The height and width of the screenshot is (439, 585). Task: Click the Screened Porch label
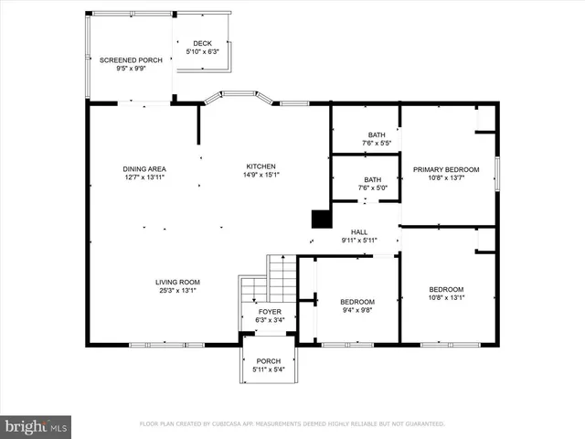click(x=131, y=59)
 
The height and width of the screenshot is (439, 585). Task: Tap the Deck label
click(x=203, y=43)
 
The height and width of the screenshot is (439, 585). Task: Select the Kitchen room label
click(x=261, y=166)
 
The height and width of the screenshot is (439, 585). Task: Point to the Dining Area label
click(x=144, y=168)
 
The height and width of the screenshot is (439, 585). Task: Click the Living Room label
click(x=177, y=282)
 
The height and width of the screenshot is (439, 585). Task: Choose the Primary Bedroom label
click(x=446, y=169)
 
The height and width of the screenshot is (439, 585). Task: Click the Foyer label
click(x=269, y=312)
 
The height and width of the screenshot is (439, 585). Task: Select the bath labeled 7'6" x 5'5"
click(x=376, y=134)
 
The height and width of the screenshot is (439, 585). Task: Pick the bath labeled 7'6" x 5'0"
click(x=372, y=179)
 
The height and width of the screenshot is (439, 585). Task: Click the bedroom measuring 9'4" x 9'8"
click(x=356, y=302)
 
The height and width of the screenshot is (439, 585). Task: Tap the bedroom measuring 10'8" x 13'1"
click(x=446, y=289)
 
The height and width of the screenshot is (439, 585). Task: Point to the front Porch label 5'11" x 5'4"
click(x=268, y=361)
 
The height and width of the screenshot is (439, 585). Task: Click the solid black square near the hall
click(x=321, y=219)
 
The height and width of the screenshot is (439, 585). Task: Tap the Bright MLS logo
click(x=37, y=425)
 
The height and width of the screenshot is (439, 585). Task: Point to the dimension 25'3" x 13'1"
click(x=177, y=290)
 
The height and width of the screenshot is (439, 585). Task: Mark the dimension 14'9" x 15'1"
click(x=261, y=175)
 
